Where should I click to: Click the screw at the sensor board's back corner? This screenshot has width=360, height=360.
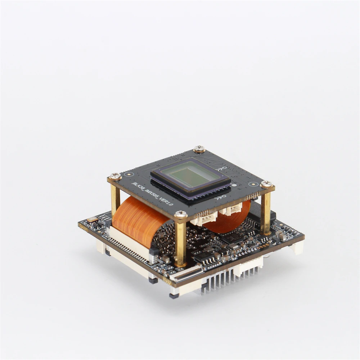199,148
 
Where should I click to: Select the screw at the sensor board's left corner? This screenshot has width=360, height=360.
116,176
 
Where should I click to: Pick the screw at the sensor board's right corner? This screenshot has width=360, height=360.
266,184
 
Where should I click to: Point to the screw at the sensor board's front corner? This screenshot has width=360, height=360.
181,215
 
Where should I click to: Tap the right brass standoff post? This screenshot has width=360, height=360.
266,212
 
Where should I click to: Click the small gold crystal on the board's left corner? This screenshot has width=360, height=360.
93,219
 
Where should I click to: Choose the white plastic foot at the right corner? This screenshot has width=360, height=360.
297,248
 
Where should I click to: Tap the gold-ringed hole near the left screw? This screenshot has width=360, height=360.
126,174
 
